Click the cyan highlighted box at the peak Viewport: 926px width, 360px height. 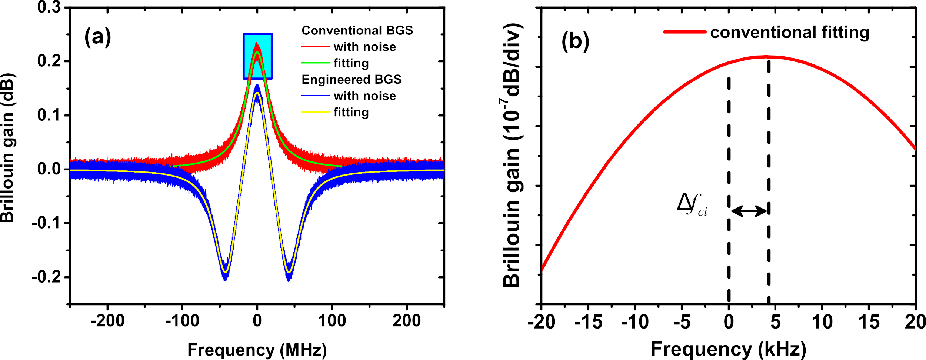click(x=257, y=56)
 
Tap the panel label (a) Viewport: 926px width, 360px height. click(x=97, y=37)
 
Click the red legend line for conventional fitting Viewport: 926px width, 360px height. click(x=684, y=32)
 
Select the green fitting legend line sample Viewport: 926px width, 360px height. click(x=315, y=63)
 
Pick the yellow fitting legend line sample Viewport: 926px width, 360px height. click(x=315, y=111)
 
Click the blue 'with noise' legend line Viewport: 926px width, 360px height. click(x=315, y=96)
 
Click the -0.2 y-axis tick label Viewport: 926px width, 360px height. click(x=46, y=277)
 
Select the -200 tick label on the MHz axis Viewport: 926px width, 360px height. click(x=107, y=321)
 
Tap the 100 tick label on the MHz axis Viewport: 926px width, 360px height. click(x=332, y=321)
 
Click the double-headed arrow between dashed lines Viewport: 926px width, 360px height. click(x=749, y=211)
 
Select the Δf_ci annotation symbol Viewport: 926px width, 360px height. click(x=692, y=204)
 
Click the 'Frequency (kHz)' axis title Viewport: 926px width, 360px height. click(x=728, y=349)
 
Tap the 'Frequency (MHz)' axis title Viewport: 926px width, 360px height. click(x=257, y=350)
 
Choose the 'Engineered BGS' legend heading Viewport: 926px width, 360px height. click(x=351, y=79)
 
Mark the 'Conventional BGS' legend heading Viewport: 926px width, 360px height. click(x=357, y=30)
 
